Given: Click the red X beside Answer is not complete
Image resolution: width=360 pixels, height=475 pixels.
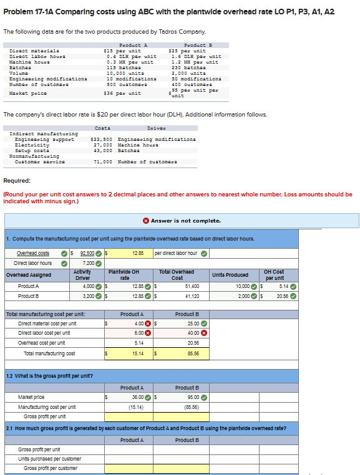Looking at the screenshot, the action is point(145,221).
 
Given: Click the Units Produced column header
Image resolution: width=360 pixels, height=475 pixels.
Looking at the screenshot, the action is point(231,275).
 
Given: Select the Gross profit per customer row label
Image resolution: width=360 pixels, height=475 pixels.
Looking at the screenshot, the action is point(51,468).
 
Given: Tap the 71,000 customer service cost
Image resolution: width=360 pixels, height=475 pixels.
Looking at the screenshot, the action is point(102,162).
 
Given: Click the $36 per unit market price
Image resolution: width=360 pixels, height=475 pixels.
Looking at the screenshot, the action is point(122,94).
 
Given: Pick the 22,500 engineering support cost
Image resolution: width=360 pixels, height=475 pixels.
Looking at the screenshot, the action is point(102,138).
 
